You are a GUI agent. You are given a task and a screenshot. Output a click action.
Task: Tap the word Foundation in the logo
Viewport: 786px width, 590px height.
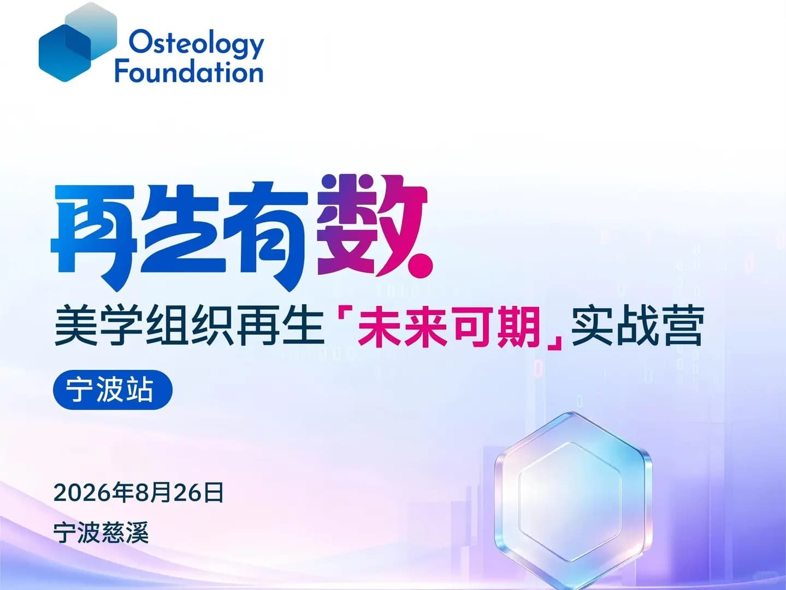[189, 72]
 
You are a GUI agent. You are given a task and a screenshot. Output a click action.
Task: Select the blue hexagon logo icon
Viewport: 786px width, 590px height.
[78, 42]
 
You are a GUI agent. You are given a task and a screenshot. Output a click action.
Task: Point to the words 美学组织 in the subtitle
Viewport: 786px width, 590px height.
[143, 326]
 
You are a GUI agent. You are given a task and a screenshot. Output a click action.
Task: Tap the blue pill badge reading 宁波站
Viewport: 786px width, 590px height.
[113, 390]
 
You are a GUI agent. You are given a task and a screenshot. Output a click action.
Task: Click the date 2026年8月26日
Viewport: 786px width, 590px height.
[138, 493]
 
